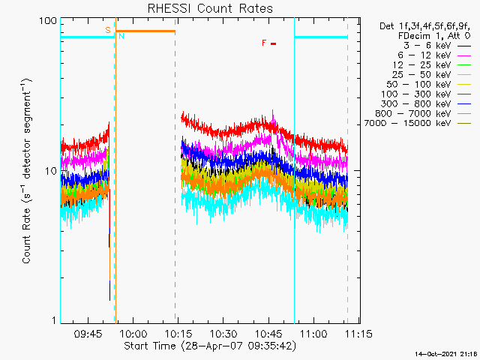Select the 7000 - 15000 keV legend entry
[x=417, y=123]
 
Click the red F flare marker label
[x=264, y=43]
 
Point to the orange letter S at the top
[x=108, y=30]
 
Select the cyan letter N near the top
[x=121, y=36]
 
